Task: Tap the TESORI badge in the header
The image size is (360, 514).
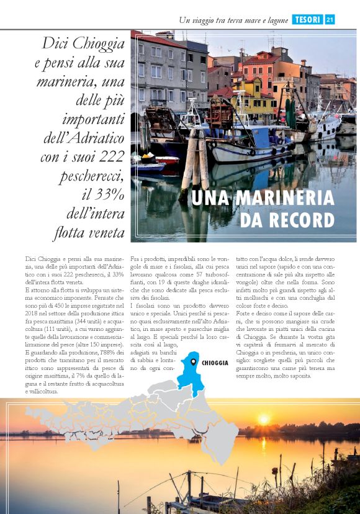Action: coord(307,20)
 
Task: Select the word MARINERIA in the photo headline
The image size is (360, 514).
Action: coord(282,198)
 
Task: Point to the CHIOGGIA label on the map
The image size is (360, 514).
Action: coord(215,362)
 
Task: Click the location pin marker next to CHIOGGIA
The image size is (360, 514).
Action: coord(194,362)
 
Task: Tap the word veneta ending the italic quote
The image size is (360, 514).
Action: coord(104,234)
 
